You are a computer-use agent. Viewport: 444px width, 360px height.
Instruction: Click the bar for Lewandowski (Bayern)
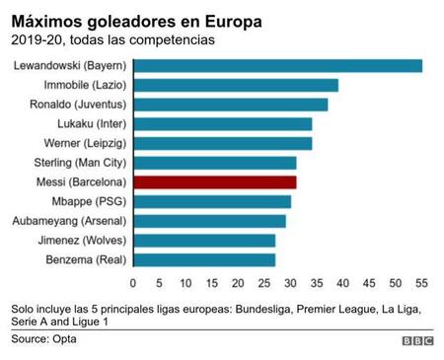pos(277,66)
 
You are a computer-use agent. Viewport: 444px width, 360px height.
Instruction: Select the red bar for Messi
pos(214,182)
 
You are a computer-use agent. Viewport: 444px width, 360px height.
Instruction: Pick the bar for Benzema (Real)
pos(203,259)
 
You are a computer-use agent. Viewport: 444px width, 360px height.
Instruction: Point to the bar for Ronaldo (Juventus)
pos(230,105)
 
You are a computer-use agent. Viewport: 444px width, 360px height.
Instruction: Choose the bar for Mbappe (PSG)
pos(211,201)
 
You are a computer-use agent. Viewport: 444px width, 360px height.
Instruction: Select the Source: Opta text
pos(43,339)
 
